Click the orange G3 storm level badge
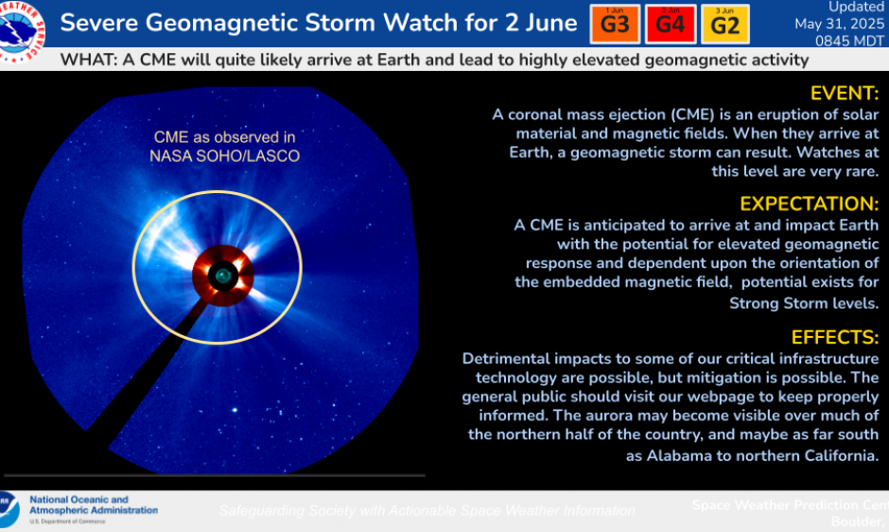[x=615, y=25]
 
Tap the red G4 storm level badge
[x=670, y=25]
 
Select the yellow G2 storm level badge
[x=724, y=25]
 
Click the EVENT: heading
[x=845, y=93]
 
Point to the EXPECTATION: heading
[x=810, y=204]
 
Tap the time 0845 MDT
[x=849, y=41]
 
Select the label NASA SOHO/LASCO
[x=224, y=156]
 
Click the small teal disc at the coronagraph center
[x=222, y=275]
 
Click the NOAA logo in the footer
[x=9, y=508]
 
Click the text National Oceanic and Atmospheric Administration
[x=93, y=505]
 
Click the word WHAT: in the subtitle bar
[x=87, y=60]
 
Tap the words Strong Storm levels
[x=803, y=303]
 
